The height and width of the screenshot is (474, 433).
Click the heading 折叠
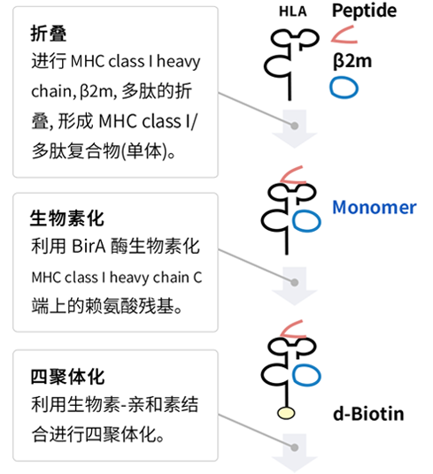click(49, 34)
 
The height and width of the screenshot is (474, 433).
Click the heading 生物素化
click(67, 218)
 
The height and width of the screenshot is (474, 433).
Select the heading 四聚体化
click(67, 377)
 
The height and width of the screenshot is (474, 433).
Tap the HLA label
click(292, 11)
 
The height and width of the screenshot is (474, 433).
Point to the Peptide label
click(364, 11)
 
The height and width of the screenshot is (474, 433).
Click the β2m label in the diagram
click(352, 61)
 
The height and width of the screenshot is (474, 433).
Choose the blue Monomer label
click(375, 207)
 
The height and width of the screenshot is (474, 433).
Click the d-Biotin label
click(368, 414)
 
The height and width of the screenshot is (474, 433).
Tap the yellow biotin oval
click(286, 413)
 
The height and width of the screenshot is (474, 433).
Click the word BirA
click(89, 246)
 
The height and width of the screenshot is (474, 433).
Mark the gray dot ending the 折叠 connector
click(294, 126)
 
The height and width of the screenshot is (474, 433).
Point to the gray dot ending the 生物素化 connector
click(294, 282)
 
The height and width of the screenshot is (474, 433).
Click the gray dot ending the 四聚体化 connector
click(294, 447)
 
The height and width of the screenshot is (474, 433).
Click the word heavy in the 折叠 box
click(178, 62)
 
